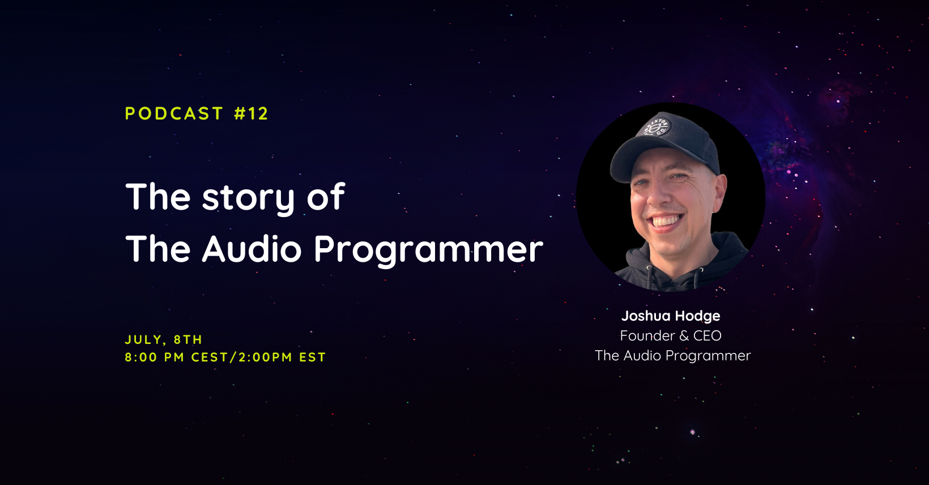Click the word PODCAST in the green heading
(x=174, y=114)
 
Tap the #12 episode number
(x=251, y=114)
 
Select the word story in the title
(x=248, y=198)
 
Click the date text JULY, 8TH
(x=163, y=340)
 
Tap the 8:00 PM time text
(x=154, y=358)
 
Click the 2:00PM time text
(x=265, y=358)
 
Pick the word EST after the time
(x=313, y=358)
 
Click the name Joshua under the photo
(x=646, y=316)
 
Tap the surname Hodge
(x=698, y=316)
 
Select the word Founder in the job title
(x=647, y=335)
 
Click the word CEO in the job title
(x=707, y=335)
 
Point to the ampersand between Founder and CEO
(x=684, y=336)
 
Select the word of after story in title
(x=326, y=197)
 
